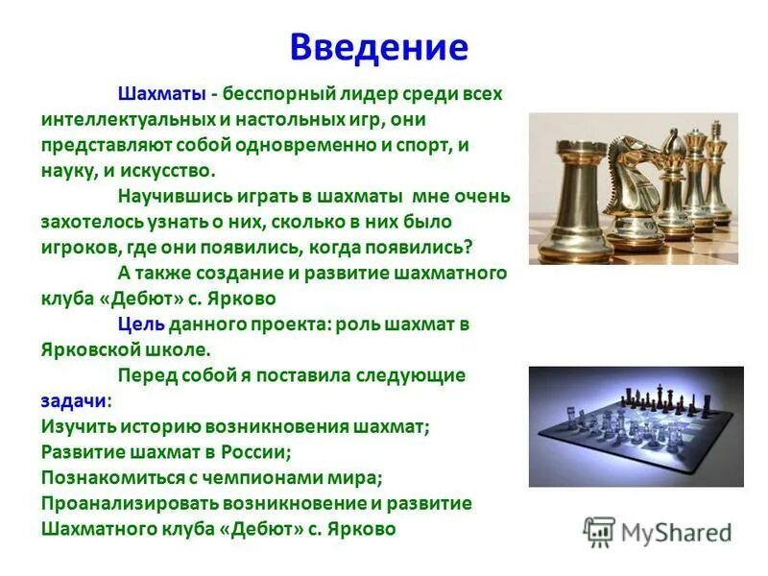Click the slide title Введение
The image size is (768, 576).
379,47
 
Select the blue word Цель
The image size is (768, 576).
141,324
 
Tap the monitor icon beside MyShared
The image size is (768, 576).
600,532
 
